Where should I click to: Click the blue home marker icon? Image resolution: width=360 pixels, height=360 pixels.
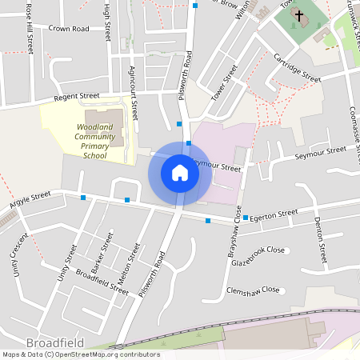click(180, 173)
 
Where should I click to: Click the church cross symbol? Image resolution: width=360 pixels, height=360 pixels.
click(298, 15)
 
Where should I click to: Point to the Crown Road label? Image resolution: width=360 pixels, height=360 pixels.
click(69, 28)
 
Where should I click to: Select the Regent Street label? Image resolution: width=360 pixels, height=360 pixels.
click(76, 97)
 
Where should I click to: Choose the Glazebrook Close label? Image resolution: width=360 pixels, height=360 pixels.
click(258, 250)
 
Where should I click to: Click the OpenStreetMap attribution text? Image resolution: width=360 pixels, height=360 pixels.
click(80, 354)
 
